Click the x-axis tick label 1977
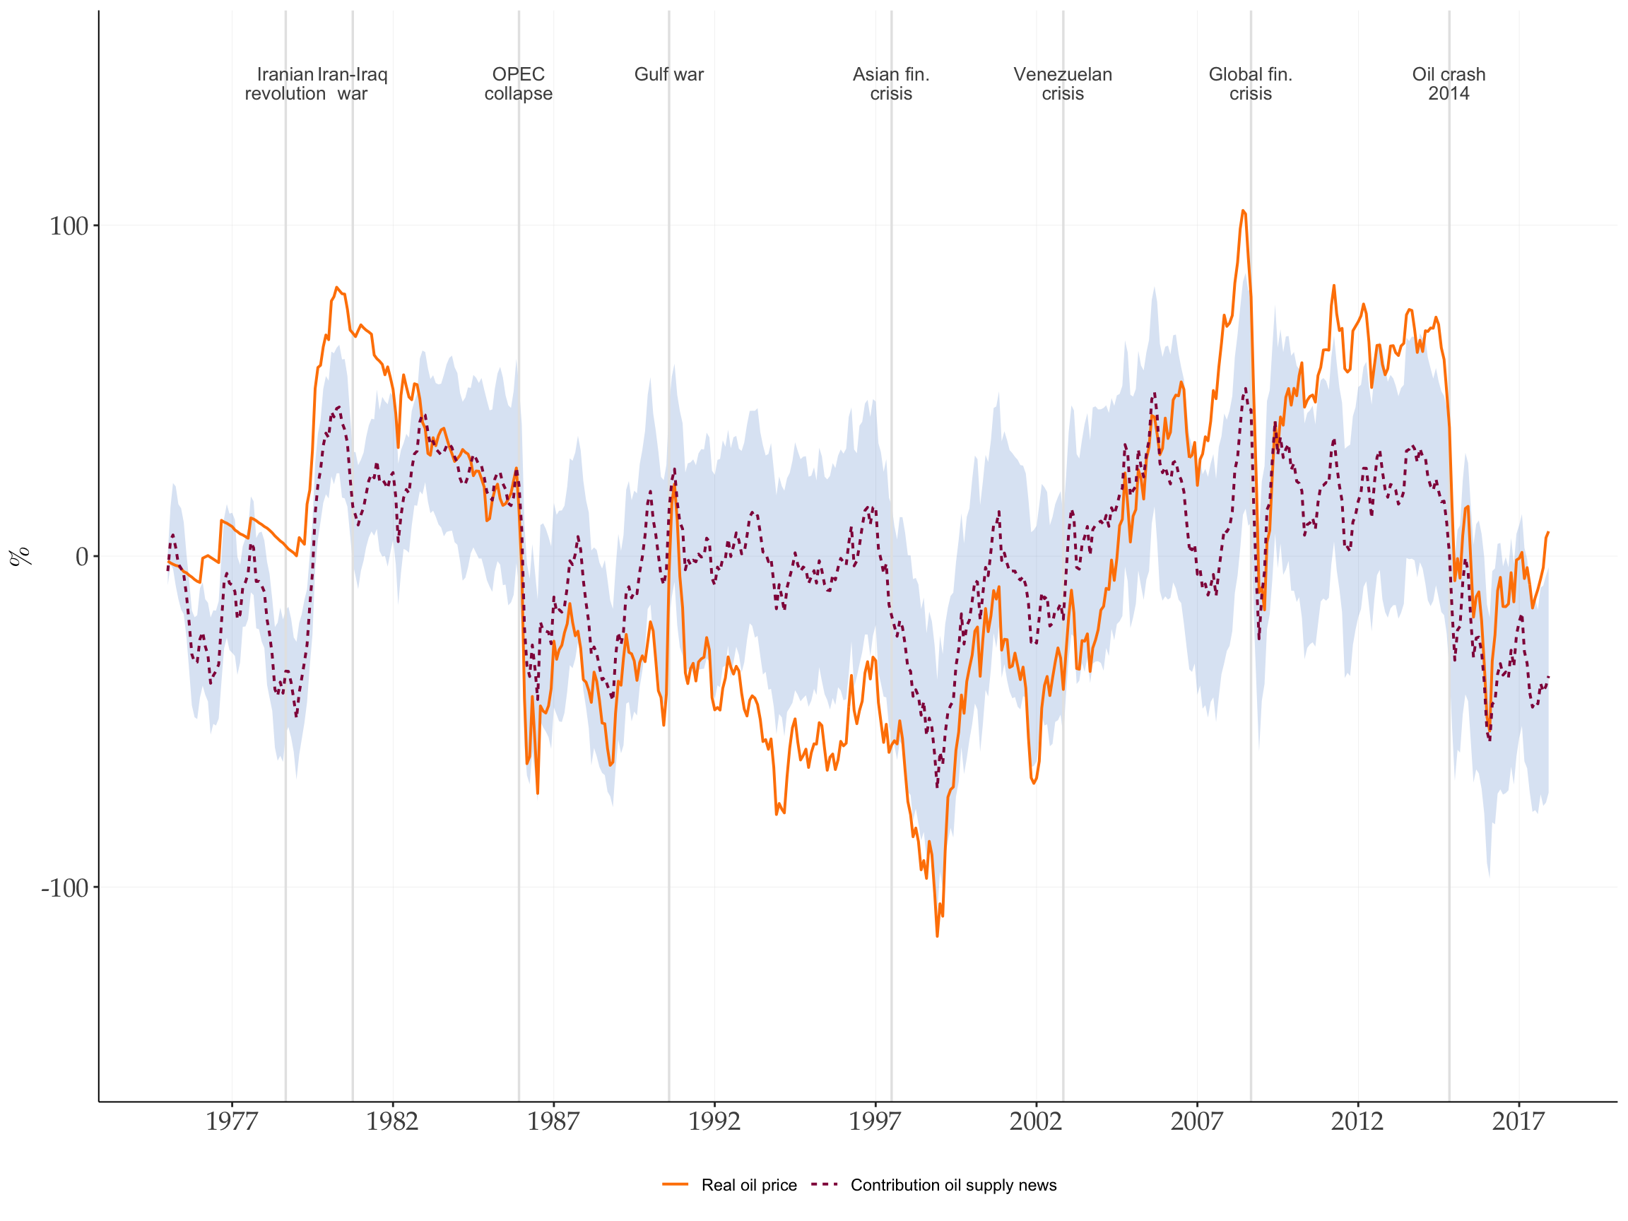[232, 1121]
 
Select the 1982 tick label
[392, 1121]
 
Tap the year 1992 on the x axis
[714, 1121]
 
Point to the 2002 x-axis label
[1036, 1121]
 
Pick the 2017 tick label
[1518, 1121]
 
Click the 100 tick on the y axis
[69, 226]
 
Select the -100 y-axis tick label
[65, 887]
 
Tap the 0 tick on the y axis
[82, 557]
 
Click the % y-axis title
[20, 556]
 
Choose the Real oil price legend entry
[748, 1185]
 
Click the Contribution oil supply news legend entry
[953, 1185]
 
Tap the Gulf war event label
[669, 74]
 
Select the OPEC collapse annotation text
[518, 84]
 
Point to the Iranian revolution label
[285, 84]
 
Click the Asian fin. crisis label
[890, 84]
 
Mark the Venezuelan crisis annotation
[1063, 84]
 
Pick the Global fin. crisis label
[1251, 84]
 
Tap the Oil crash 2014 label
[1449, 84]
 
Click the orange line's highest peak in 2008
[1243, 211]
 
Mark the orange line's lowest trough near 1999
[937, 936]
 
